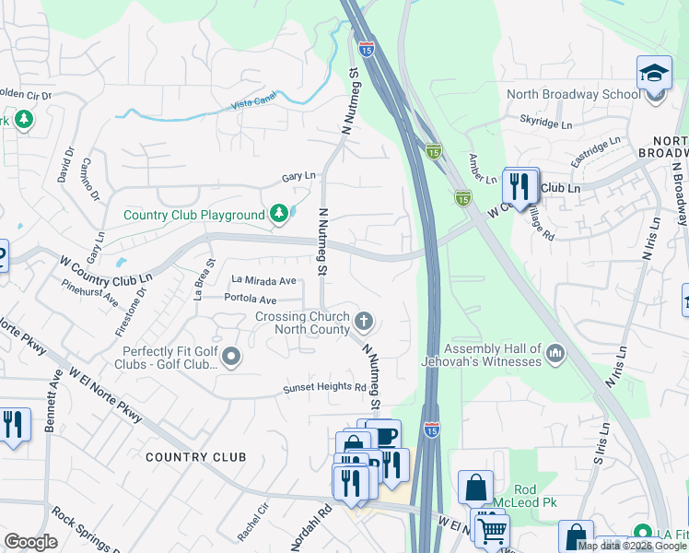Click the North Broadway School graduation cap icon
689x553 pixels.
click(654, 72)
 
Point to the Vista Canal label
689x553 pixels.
click(253, 105)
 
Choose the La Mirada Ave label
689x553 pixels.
click(263, 280)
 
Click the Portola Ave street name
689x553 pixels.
click(251, 300)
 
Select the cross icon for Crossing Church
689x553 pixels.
click(364, 322)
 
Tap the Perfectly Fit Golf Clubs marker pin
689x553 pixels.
click(231, 356)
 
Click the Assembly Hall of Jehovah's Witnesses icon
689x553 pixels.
click(555, 353)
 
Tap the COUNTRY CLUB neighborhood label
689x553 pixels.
click(196, 457)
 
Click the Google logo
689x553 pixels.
click(30, 542)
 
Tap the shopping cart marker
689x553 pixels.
click(492, 528)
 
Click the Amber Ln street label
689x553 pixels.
click(476, 168)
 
